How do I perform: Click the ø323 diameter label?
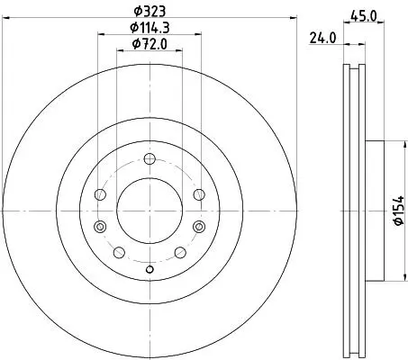150,12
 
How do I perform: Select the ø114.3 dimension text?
150,28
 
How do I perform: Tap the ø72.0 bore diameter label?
150,44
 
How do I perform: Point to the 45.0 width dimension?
363,15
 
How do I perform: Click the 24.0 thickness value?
322,38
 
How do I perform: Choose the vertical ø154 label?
399,211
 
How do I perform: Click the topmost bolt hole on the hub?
150,158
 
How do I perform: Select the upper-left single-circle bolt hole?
100,194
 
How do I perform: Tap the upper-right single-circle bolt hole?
199,194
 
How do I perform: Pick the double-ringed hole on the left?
100,226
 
